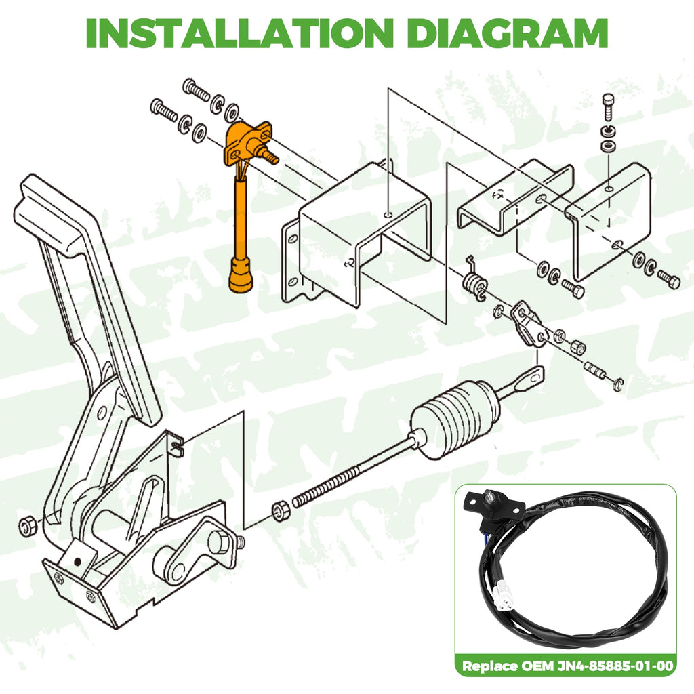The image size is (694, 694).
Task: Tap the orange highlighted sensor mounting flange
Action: click(x=250, y=142)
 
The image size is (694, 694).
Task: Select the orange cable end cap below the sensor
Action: click(x=241, y=277)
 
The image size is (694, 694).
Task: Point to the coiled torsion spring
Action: click(x=474, y=281)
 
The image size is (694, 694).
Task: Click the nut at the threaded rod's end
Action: click(x=280, y=510)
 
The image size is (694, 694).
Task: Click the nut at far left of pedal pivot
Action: click(x=28, y=525)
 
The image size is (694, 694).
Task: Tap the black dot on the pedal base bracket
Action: click(x=77, y=562)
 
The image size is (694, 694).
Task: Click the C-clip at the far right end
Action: click(x=618, y=384)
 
